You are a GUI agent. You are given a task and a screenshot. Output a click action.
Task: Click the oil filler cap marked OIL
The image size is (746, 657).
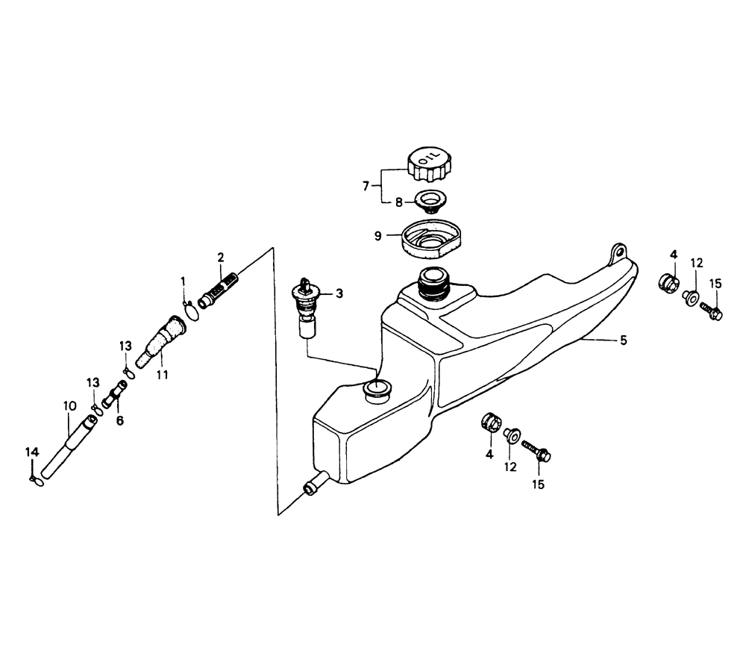(x=428, y=164)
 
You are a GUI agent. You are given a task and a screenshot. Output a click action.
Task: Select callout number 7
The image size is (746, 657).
(x=366, y=186)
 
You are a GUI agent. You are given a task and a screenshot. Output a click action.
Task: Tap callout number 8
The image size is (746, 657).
(x=398, y=202)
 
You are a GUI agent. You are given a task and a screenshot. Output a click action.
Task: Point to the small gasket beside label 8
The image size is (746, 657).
(x=427, y=201)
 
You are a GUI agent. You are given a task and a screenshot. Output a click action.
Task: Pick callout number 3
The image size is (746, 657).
(x=339, y=293)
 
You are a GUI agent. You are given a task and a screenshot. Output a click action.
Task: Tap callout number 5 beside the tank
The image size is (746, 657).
(x=623, y=340)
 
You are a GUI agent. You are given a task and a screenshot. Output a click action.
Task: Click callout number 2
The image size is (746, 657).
(x=220, y=258)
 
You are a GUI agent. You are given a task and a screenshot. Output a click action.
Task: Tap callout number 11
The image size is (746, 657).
(x=162, y=375)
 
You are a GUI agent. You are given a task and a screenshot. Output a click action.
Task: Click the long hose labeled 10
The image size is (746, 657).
(x=69, y=446)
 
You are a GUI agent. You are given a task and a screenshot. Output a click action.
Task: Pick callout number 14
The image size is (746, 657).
(x=32, y=452)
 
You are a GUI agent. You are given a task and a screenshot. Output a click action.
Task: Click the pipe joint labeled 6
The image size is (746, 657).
(x=115, y=393)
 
